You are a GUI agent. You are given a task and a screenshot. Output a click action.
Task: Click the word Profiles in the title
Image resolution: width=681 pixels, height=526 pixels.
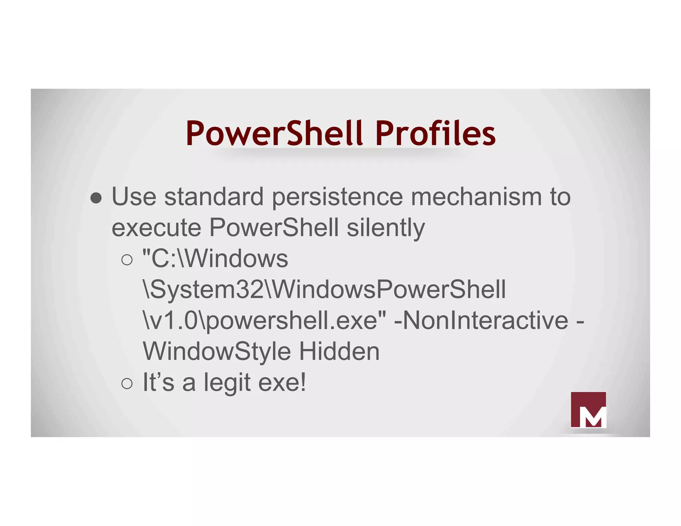click(x=435, y=134)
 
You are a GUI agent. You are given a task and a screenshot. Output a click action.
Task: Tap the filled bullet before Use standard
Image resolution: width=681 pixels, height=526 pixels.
click(x=96, y=198)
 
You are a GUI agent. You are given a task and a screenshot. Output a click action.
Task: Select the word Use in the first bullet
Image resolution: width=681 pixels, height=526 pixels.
click(x=134, y=197)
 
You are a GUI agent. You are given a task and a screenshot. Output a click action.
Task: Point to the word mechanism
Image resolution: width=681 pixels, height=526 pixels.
click(x=476, y=197)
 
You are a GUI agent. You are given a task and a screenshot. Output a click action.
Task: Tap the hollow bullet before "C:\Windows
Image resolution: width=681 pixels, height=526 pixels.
click(x=127, y=260)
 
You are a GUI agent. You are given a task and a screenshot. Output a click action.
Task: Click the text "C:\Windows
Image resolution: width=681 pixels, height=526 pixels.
click(x=215, y=259)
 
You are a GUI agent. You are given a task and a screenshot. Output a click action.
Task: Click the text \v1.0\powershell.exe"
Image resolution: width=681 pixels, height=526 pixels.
click(x=264, y=321)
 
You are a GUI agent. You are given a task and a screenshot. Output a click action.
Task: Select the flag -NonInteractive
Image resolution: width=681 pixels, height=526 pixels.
click(x=481, y=321)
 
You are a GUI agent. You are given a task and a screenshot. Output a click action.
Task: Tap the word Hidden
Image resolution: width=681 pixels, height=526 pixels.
click(x=339, y=351)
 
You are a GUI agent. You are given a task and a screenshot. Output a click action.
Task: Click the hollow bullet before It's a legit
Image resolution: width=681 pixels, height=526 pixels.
click(x=127, y=383)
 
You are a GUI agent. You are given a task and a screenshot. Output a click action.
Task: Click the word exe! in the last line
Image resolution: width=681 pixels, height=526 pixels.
click(x=282, y=382)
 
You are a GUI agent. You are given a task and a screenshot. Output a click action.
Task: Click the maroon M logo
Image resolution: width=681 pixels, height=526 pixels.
click(x=588, y=410)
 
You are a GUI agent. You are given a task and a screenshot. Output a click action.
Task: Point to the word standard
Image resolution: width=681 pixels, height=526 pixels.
click(x=214, y=197)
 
